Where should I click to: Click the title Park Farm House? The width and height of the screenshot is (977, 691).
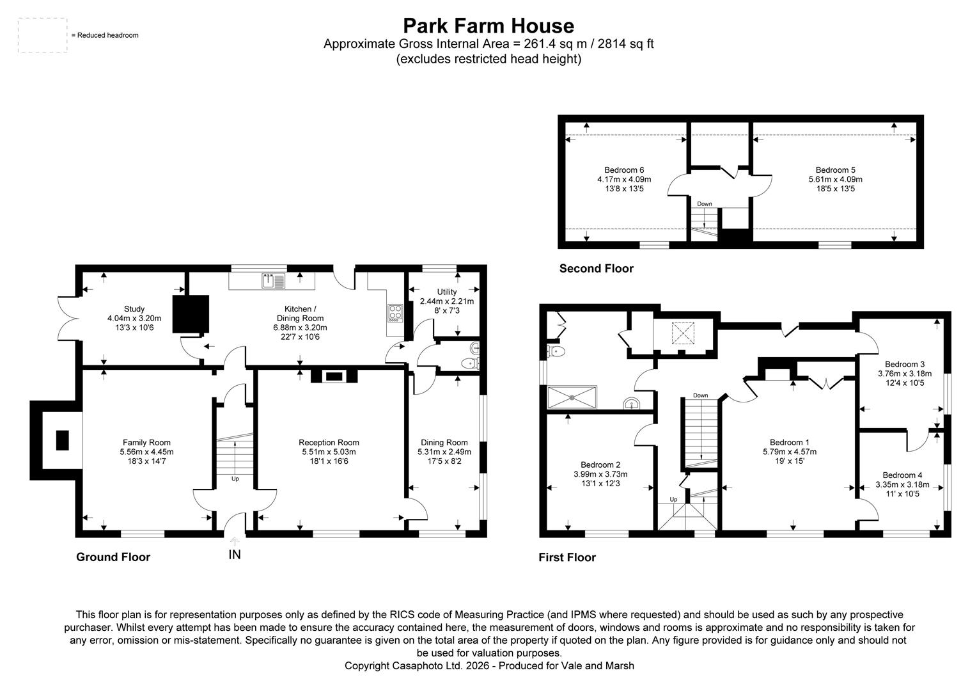click(488, 26)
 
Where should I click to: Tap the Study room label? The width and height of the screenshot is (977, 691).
click(134, 309)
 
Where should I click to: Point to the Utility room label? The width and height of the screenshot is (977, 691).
click(447, 292)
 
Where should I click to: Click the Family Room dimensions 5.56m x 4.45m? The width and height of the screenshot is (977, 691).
click(146, 452)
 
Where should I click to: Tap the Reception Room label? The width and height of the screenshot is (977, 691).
click(329, 442)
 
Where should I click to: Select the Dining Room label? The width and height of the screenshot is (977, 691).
click(444, 442)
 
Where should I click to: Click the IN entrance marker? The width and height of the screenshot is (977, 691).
click(235, 555)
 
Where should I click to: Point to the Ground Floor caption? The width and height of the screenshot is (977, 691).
click(113, 557)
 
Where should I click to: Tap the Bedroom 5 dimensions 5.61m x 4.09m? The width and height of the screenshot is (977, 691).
click(835, 179)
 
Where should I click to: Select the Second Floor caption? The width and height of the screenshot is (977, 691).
click(596, 268)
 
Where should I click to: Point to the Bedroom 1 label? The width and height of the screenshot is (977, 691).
click(789, 442)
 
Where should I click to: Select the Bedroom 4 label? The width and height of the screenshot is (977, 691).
click(902, 475)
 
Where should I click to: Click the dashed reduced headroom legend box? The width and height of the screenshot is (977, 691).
click(42, 35)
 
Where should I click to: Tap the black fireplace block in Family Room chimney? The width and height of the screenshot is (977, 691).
click(62, 440)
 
